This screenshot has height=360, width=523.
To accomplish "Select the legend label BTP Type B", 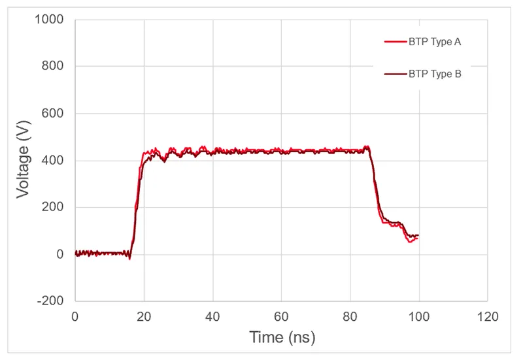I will click(435, 74).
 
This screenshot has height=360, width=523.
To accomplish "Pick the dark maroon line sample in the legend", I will click(394, 74).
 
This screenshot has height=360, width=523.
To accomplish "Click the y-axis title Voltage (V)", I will click(24, 161).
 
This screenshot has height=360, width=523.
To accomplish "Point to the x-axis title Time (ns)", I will click(281, 337).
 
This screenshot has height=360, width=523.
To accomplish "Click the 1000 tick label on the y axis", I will click(50, 20).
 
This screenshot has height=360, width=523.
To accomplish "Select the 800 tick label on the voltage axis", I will click(53, 67).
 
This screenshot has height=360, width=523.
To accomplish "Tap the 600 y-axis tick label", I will click(53, 114).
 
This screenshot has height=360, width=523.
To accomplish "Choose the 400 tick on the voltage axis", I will click(53, 161).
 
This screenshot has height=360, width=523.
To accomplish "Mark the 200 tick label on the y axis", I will click(53, 208).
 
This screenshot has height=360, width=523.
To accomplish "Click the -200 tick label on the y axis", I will click(51, 301).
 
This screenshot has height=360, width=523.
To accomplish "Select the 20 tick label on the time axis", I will click(144, 316).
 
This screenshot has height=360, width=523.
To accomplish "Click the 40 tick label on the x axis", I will click(212, 316).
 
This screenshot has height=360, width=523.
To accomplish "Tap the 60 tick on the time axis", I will click(281, 316).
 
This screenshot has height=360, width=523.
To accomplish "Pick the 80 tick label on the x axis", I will click(350, 316).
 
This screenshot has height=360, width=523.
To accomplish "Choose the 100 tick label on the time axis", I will click(418, 316).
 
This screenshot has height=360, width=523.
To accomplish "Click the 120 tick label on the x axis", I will click(487, 316).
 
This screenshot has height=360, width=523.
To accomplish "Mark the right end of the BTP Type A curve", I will click(418, 238).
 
